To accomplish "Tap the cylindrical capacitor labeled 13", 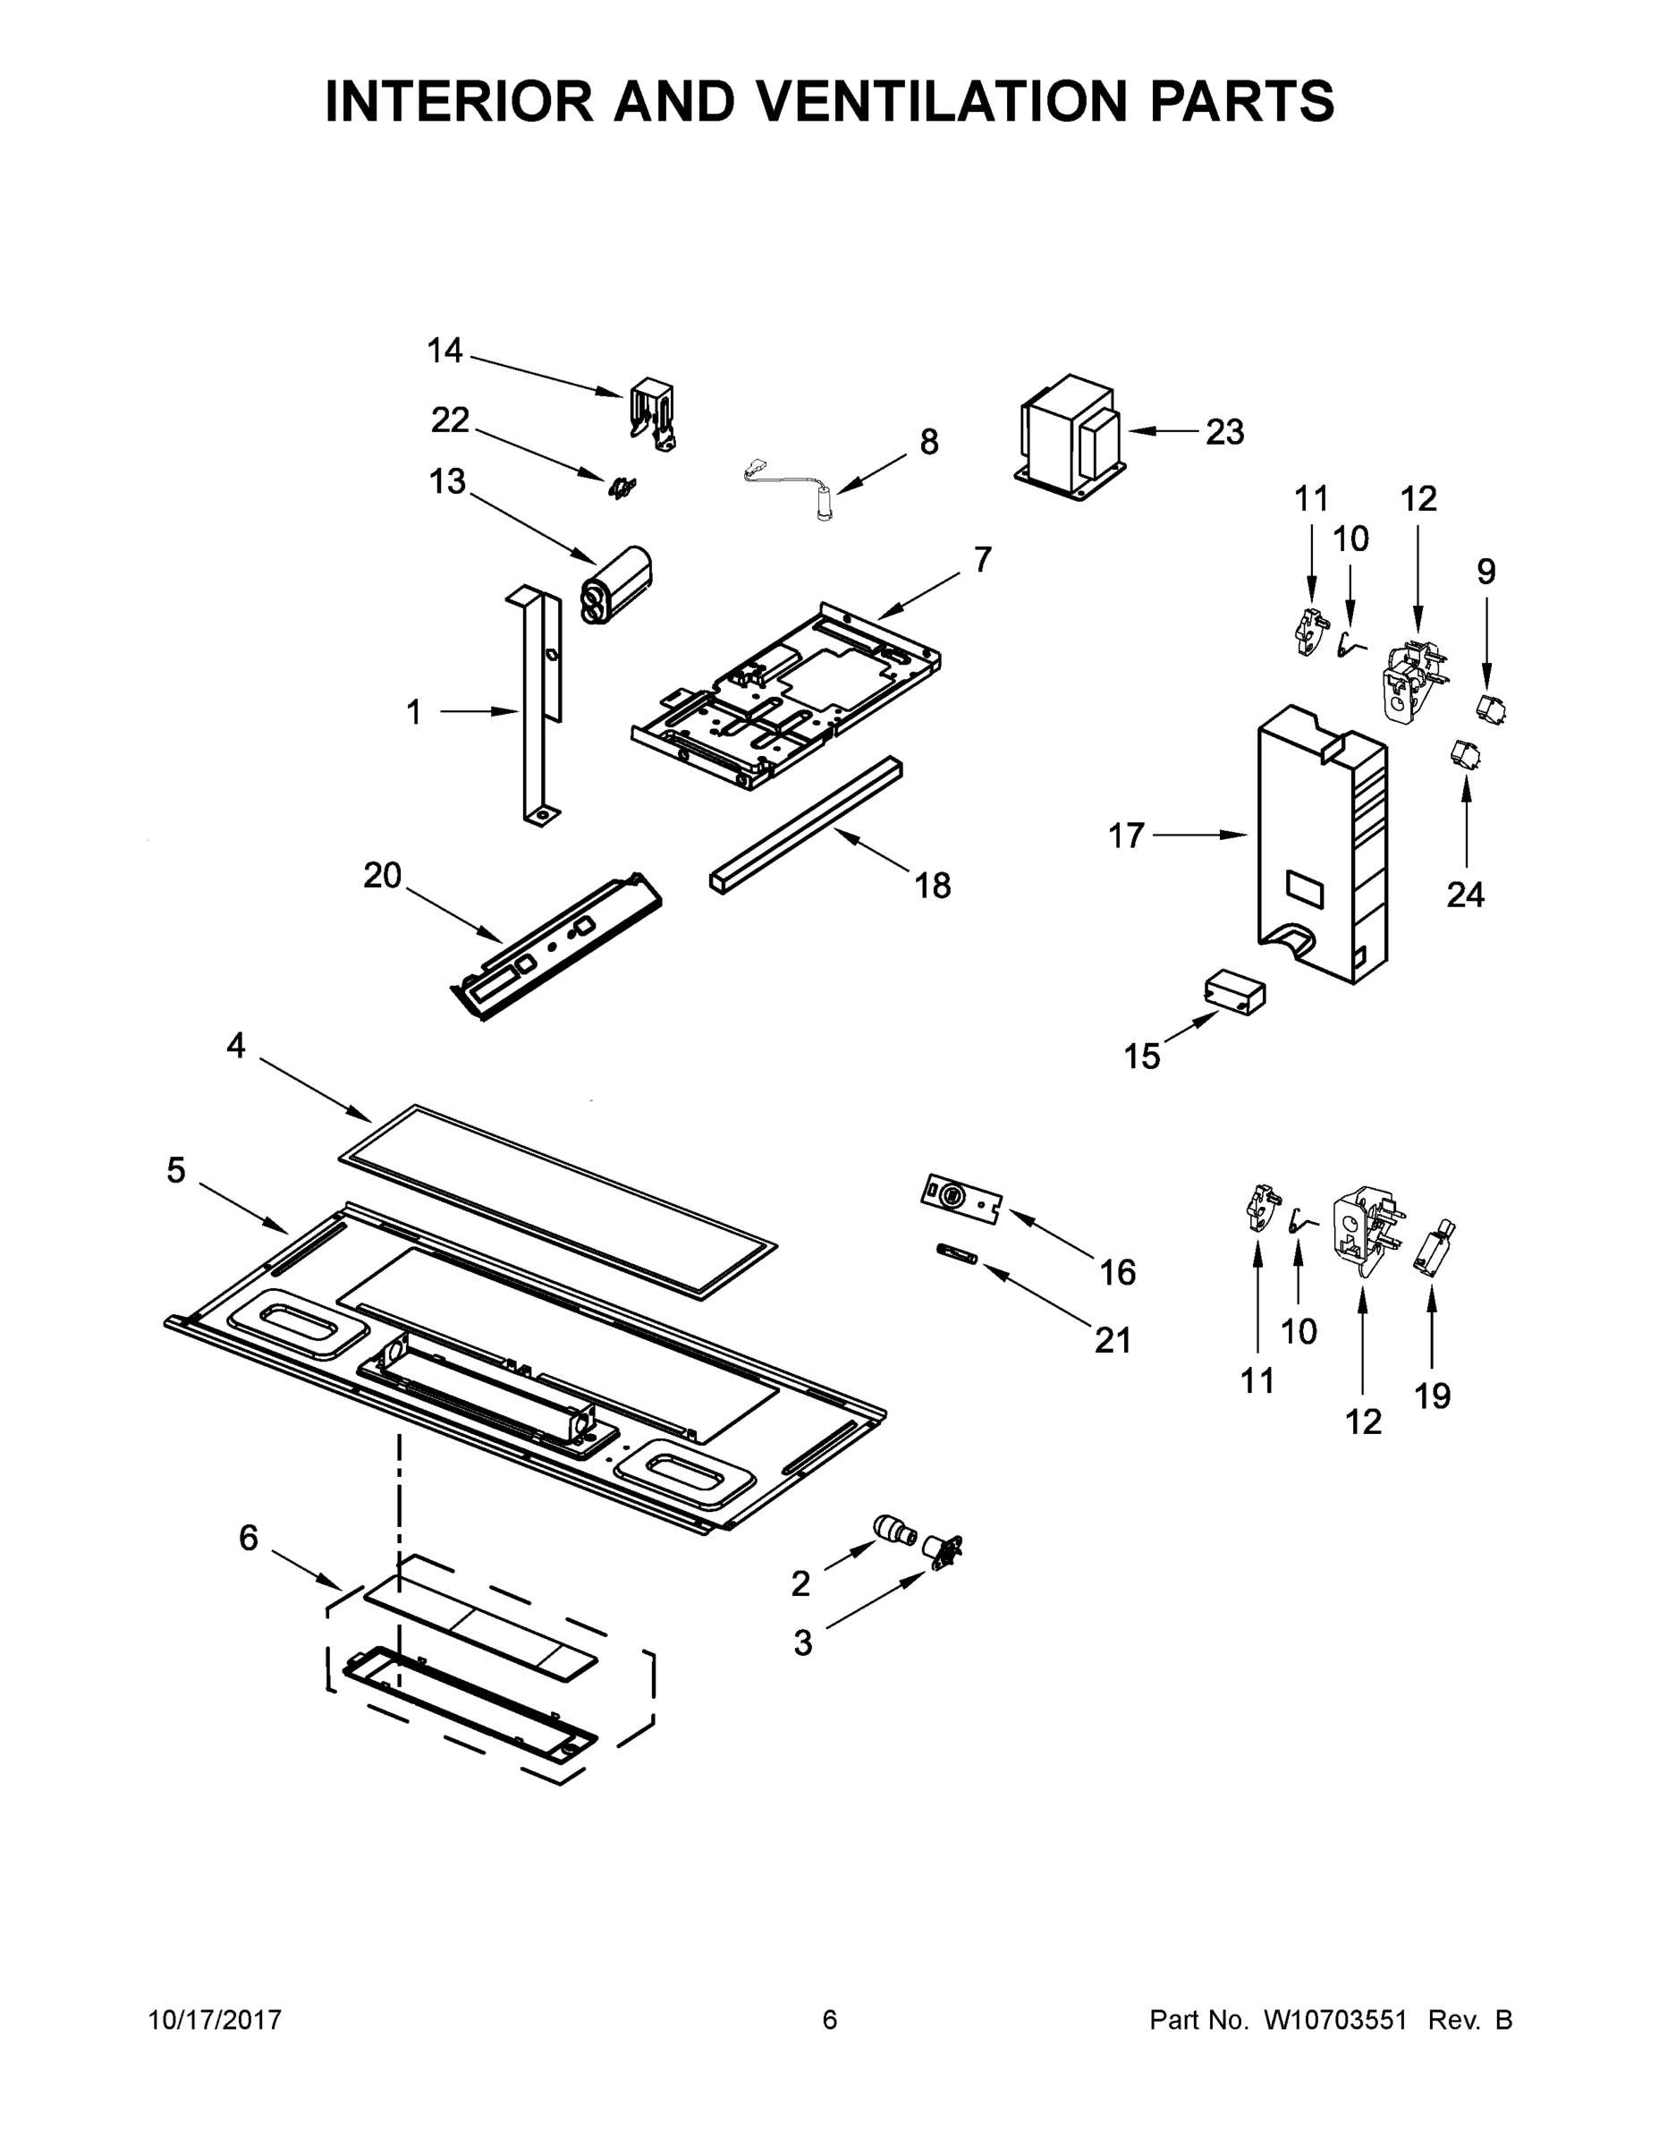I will pos(618,586).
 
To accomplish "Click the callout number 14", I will pos(444,350).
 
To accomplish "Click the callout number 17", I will pos(1126,836).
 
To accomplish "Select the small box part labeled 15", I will pos(1234,992).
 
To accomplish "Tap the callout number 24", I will pos(1464,894).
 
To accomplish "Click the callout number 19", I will pos(1432,1395).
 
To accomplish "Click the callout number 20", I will pos(382,875).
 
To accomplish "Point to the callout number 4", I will pos(236,1045).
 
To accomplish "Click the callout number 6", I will pos(249,1538).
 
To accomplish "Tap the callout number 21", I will pos(1113,1340).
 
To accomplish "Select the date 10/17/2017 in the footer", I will pos(216,2019).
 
